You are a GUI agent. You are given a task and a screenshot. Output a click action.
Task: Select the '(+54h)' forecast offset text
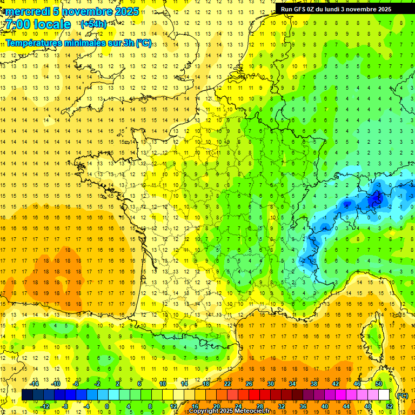pyautogui.click(x=93, y=24)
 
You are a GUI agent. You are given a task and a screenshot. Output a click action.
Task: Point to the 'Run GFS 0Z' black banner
pyautogui.click(x=340, y=9)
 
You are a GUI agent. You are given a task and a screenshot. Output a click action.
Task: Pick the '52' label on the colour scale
pyautogui.click(x=390, y=406)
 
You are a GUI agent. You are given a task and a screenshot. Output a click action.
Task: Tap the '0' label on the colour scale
pyautogui.click(x=107, y=406)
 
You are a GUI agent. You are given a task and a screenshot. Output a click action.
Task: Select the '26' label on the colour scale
pyautogui.click(x=249, y=384)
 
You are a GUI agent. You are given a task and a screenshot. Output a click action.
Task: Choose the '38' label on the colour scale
pyautogui.click(x=313, y=384)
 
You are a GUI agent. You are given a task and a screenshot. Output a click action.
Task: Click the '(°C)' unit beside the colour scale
pyautogui.click(x=403, y=395)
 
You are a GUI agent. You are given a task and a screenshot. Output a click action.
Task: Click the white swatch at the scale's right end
pyautogui.click(x=384, y=395)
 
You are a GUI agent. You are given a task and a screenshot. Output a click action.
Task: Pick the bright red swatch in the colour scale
pyautogui.click(x=255, y=395)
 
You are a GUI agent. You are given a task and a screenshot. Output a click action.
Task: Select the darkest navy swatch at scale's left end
pyautogui.click(x=27, y=395)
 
